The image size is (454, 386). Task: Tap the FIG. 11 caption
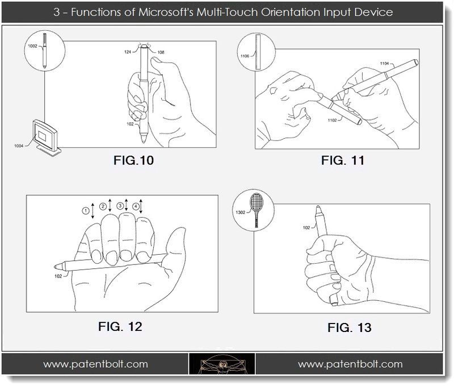point(342,161)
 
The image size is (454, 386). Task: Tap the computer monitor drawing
point(48,136)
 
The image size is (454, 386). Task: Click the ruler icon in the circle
point(259,52)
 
